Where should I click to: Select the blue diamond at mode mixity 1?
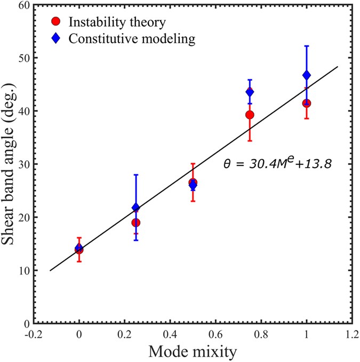pos(306,75)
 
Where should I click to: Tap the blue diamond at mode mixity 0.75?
pos(250,92)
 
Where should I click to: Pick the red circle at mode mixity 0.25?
pos(136,222)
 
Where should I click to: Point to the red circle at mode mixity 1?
pos(306,103)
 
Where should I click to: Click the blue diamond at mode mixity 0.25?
pos(136,207)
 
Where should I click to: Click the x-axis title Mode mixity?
pos(193,352)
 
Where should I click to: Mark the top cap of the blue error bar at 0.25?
pos(136,175)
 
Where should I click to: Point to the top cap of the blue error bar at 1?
pos(306,46)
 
